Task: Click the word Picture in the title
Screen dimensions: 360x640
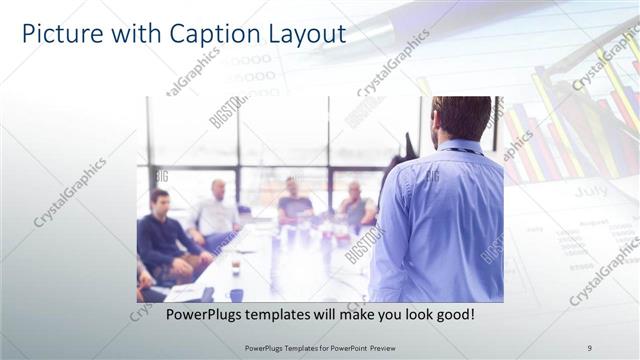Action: click(x=62, y=34)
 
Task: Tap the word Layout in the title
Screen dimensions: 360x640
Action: click(x=303, y=34)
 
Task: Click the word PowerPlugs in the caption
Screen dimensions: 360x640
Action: click(x=199, y=315)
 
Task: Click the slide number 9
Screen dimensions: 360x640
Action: click(x=589, y=347)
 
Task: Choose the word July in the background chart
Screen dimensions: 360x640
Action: click(x=590, y=189)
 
